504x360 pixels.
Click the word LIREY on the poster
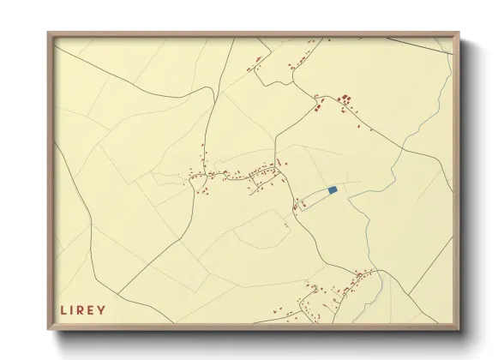[83, 310]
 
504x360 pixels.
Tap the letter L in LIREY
[63, 310]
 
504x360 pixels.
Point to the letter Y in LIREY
[103, 310]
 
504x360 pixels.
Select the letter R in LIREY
[82, 310]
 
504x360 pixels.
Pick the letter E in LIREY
[93, 310]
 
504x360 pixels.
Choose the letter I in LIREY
[73, 310]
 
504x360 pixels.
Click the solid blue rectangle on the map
[333, 189]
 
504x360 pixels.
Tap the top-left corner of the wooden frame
[49, 33]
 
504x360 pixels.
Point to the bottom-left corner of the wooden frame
[49, 329]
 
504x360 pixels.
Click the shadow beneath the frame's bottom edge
[257, 339]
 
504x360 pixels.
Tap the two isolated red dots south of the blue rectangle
[285, 225]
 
